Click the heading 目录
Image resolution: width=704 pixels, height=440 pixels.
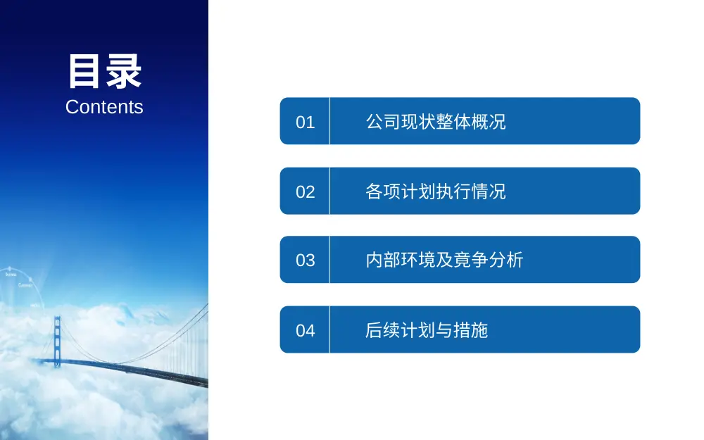click(x=104, y=72)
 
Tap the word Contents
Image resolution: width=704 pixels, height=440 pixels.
click(x=104, y=107)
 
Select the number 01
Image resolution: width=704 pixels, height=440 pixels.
click(x=305, y=122)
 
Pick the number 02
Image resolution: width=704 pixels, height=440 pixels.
click(x=305, y=191)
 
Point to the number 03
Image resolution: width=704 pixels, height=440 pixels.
click(x=305, y=260)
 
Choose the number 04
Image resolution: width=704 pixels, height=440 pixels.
click(x=305, y=330)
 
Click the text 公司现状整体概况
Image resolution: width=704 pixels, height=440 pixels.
click(x=436, y=122)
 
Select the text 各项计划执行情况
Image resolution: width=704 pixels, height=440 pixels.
click(x=436, y=191)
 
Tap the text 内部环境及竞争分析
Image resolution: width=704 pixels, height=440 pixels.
click(x=444, y=260)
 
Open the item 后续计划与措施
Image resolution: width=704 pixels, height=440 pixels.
click(x=427, y=330)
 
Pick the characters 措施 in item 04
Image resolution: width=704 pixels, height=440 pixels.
click(x=471, y=330)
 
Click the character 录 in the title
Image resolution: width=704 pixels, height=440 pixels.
click(x=123, y=72)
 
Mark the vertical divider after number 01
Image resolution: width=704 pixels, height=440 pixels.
click(x=329, y=121)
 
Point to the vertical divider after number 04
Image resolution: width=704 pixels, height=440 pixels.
click(x=329, y=329)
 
